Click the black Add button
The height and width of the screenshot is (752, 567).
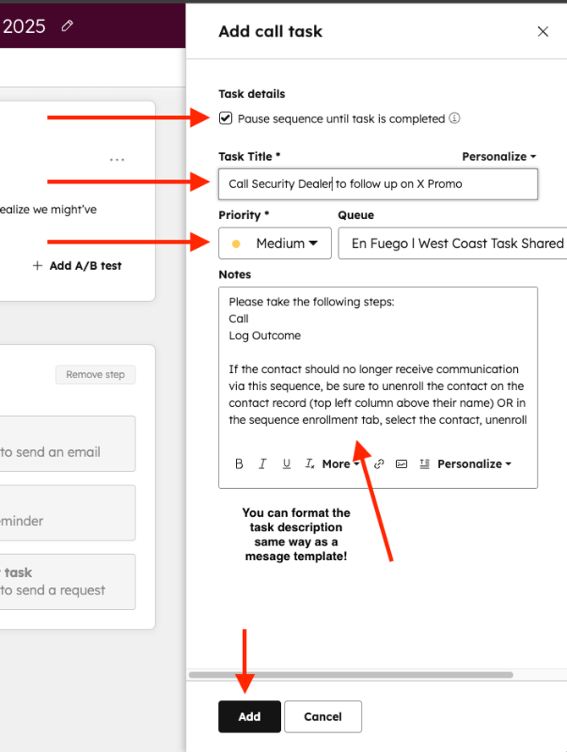pos(250,716)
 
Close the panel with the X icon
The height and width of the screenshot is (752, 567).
pos(543,31)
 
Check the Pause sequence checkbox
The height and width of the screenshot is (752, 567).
pos(225,118)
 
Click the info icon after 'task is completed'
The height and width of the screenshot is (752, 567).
pos(454,118)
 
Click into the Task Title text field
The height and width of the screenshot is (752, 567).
pos(378,184)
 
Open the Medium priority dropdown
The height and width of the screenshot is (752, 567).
pos(275,243)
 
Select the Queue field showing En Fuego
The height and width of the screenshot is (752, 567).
pos(453,243)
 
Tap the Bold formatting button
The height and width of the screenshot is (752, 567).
pos(239,464)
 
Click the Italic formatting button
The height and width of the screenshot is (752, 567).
pos(262,464)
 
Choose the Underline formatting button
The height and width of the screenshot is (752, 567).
pos(286,464)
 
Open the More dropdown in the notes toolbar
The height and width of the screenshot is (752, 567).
pos(340,464)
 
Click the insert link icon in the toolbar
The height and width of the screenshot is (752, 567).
pos(379,464)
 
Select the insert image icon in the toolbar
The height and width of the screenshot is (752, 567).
pos(401,464)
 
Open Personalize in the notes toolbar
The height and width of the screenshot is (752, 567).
pos(474,464)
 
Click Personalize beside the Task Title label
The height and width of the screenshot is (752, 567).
pos(499,156)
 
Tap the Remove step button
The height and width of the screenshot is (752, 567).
pos(96,375)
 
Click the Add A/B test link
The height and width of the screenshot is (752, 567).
pos(77,266)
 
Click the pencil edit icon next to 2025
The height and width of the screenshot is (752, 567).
pos(67,25)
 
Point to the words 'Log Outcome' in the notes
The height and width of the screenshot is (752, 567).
pos(265,336)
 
